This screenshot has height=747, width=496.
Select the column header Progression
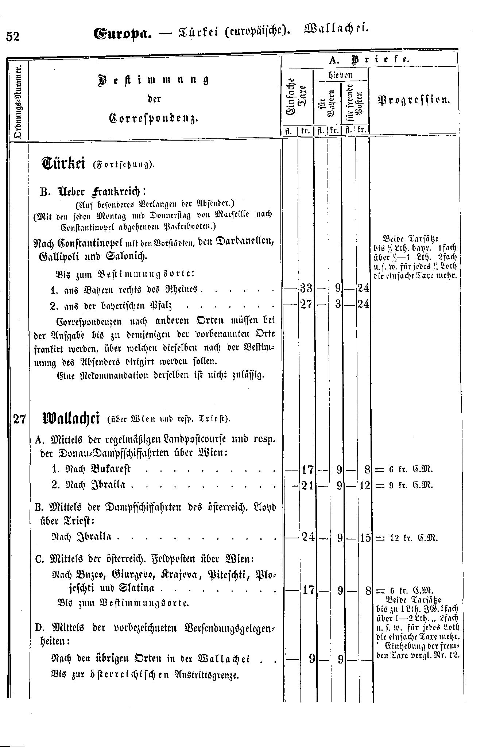[x=413, y=100]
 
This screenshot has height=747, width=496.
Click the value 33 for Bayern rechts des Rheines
[x=306, y=289]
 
